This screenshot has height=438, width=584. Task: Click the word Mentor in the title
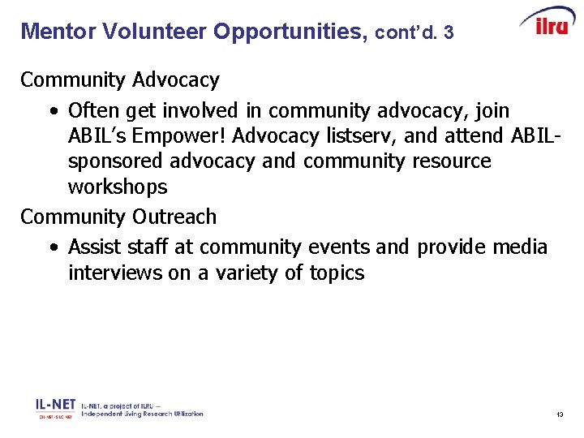click(x=54, y=32)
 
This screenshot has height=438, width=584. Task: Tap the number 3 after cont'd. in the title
click(x=449, y=33)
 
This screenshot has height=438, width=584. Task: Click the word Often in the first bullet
click(x=93, y=109)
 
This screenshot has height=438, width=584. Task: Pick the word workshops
click(x=118, y=187)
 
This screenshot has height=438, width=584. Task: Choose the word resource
click(x=452, y=161)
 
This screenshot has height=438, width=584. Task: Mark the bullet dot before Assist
click(x=52, y=247)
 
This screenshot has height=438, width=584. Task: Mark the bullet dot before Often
click(x=52, y=110)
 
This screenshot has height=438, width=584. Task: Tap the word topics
click(x=337, y=273)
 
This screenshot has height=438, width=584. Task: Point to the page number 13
click(x=560, y=414)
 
